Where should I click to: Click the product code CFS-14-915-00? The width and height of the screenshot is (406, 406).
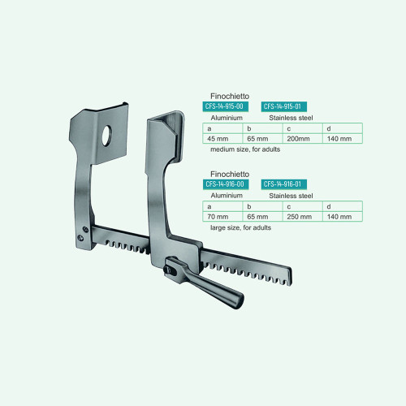(225, 106)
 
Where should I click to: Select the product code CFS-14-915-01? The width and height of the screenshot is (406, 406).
(283, 106)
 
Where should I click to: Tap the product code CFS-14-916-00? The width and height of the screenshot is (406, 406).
(226, 184)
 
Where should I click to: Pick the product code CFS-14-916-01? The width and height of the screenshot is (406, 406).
(283, 184)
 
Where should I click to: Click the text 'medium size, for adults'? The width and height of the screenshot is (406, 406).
(245, 149)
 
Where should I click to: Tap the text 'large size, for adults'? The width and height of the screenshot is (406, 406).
(240, 227)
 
